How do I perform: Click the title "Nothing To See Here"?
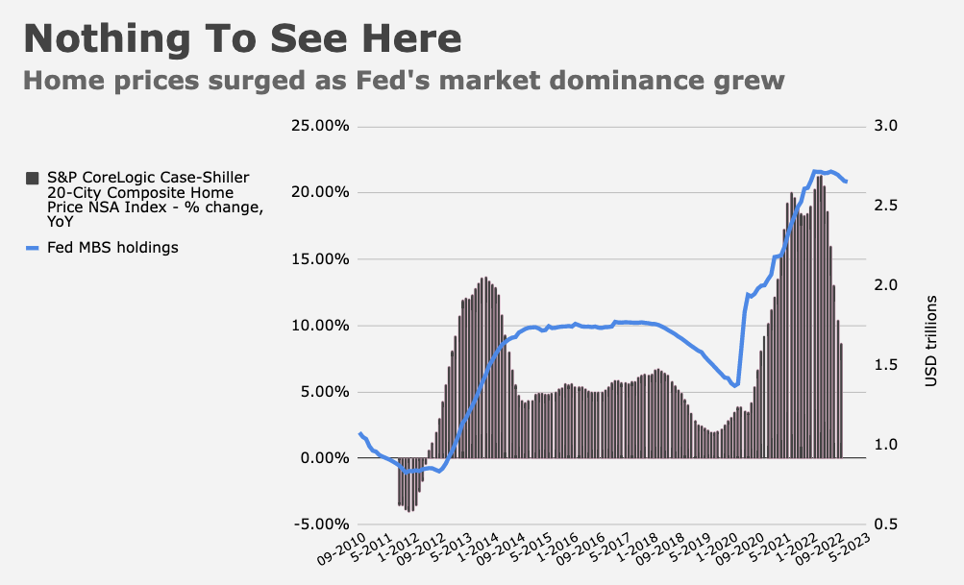point(242,38)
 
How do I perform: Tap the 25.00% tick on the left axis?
point(320,126)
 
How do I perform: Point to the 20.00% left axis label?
point(320,192)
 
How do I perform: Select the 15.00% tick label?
point(320,259)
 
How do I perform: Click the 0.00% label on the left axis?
point(325,458)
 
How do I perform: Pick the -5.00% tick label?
point(322,524)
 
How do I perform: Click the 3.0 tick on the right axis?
point(886,126)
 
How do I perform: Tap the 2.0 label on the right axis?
point(886,285)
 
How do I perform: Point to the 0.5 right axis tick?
point(886,524)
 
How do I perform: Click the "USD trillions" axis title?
point(930,341)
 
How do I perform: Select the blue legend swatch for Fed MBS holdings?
point(32,248)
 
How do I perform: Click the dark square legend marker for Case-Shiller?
point(32,179)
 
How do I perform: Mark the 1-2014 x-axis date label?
point(477,547)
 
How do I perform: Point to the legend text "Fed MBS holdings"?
point(112,248)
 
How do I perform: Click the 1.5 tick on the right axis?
point(886,365)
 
